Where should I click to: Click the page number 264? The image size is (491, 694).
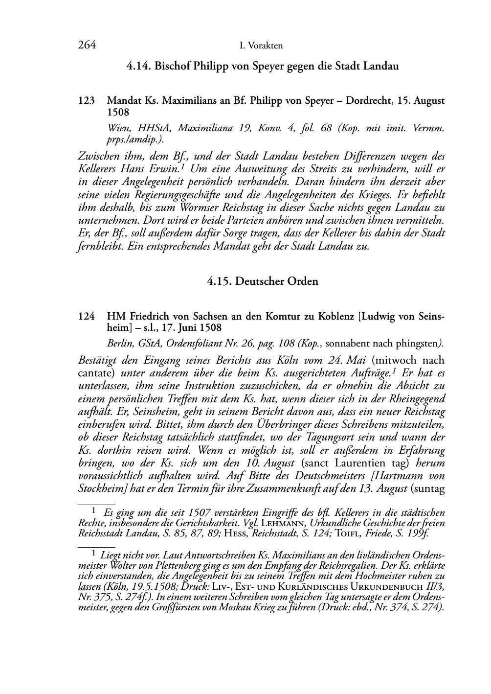click(x=87, y=46)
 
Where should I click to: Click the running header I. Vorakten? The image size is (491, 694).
click(x=261, y=46)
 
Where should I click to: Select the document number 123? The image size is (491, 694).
click(x=86, y=101)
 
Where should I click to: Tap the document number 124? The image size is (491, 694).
click(x=86, y=317)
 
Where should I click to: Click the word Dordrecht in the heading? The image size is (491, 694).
click(x=367, y=101)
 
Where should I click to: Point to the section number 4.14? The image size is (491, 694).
click(x=138, y=66)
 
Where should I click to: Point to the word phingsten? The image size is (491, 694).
click(x=418, y=343)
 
